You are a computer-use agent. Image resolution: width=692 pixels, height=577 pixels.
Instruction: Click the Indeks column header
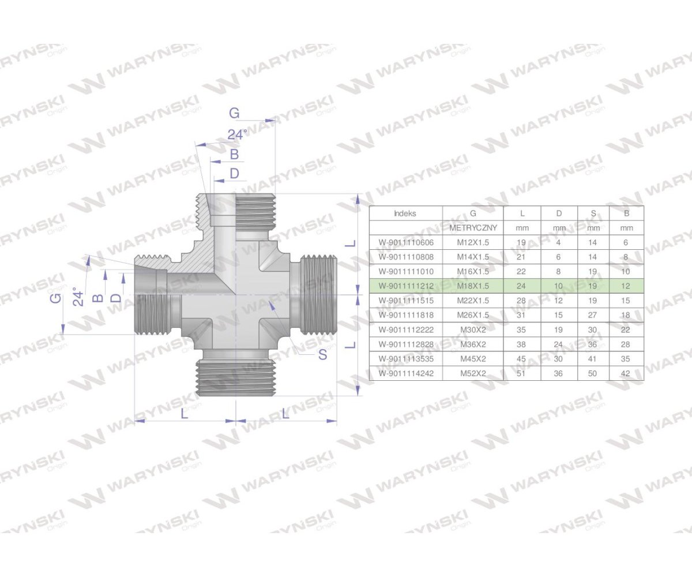pos(405,213)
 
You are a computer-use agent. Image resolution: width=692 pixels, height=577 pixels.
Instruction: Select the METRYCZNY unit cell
pos(473,228)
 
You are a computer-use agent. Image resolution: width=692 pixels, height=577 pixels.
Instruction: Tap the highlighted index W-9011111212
pos(405,286)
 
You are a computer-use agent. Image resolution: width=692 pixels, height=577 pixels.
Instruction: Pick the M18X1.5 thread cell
pos(473,286)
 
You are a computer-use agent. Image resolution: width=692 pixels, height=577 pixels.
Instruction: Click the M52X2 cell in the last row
pos(473,373)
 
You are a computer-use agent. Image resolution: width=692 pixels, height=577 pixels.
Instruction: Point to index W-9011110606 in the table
pos(405,242)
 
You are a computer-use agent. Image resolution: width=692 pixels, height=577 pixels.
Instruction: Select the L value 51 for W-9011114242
pos(522,373)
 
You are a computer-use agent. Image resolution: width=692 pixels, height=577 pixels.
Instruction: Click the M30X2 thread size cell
pos(473,329)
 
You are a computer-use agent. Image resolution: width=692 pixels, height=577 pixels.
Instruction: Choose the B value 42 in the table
pos(626,373)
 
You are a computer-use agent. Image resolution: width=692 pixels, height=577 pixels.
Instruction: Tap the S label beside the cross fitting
pos(322,354)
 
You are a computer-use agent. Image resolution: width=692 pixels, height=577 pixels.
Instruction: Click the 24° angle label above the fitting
pos(236,134)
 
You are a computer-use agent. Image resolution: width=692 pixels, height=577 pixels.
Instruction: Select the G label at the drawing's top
pos(234,113)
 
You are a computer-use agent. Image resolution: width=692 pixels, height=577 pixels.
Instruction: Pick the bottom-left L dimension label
pos(184,413)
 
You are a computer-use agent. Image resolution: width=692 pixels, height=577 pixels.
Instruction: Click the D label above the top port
pos(234,173)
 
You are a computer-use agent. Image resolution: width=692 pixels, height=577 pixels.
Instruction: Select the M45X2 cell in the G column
pos(473,359)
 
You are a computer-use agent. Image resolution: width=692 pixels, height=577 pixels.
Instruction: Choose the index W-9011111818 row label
pos(405,315)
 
